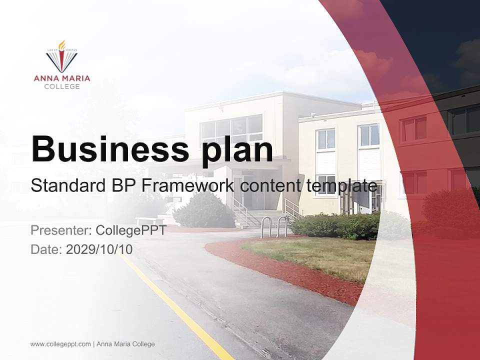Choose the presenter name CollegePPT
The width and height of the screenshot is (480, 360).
[x=131, y=230]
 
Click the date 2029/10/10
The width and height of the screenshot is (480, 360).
[x=99, y=249]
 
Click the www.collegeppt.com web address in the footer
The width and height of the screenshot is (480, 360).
[x=60, y=344]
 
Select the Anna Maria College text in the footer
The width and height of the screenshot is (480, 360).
[x=125, y=344]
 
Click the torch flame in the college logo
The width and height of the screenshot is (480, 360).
[x=62, y=46]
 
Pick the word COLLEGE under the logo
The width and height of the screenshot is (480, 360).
[x=62, y=86]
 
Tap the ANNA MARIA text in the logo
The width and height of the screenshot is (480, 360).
[x=62, y=78]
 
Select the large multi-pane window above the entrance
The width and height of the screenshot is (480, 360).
[x=231, y=129]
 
